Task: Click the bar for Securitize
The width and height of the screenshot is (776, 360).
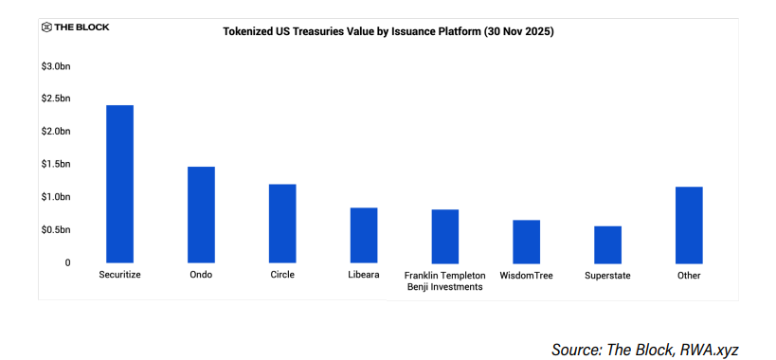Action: click(x=119, y=184)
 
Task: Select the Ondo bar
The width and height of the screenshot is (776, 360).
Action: click(x=201, y=215)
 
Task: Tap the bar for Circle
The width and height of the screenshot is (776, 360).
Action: click(x=282, y=224)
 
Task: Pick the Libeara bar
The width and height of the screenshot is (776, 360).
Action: click(x=364, y=235)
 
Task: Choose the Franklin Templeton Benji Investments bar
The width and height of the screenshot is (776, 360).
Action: click(x=445, y=236)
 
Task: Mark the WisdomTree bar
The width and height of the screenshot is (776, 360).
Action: click(x=527, y=242)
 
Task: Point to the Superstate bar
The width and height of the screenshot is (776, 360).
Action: click(x=607, y=244)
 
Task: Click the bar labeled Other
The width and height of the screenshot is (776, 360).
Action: click(x=689, y=225)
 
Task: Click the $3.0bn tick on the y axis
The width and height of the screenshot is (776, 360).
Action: click(x=55, y=65)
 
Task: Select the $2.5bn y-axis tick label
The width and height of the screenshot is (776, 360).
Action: click(x=55, y=99)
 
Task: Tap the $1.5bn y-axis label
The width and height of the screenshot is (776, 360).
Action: click(x=55, y=164)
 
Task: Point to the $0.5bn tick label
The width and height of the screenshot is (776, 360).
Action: click(x=55, y=229)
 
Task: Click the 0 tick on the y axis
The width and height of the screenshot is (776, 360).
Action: click(x=67, y=262)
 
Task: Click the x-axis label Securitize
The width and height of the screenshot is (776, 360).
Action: click(x=119, y=275)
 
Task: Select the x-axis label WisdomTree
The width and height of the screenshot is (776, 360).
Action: click(x=527, y=276)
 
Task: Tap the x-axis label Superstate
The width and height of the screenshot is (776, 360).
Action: click(x=607, y=276)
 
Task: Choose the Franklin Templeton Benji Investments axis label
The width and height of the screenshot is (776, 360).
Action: click(x=445, y=280)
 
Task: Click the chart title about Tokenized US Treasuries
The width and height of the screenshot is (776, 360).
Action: click(x=388, y=31)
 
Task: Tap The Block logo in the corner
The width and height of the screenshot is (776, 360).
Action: click(x=76, y=27)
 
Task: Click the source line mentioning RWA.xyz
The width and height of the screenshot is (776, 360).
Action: click(x=644, y=350)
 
